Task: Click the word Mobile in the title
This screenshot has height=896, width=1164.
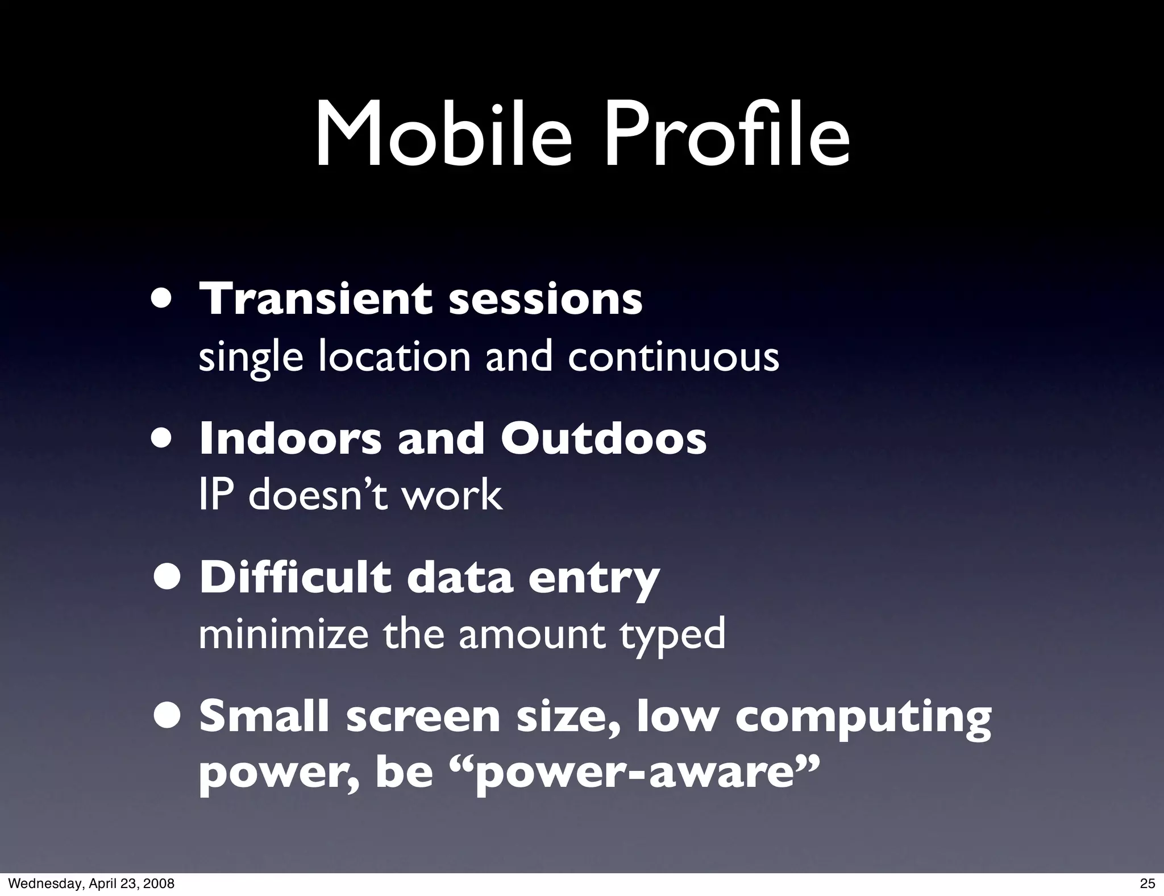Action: (443, 136)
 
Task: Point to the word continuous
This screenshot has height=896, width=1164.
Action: (673, 357)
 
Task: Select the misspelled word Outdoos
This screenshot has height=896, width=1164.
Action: (604, 439)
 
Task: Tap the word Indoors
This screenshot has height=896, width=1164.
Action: (290, 439)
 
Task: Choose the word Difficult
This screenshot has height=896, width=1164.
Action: (296, 578)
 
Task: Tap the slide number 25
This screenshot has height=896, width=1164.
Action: (1148, 883)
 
